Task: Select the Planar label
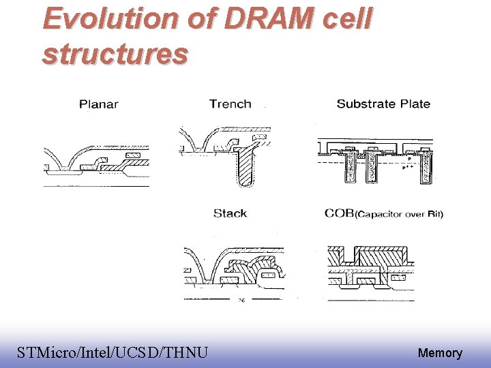(x=99, y=104)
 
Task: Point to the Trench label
(x=230, y=104)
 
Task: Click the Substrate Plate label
(x=383, y=104)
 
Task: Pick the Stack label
(x=230, y=213)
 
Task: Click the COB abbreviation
(x=339, y=213)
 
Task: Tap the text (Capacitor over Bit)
(x=399, y=214)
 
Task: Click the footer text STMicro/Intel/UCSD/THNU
(x=113, y=352)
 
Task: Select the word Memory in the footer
(x=440, y=353)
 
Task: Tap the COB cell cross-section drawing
(x=371, y=269)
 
